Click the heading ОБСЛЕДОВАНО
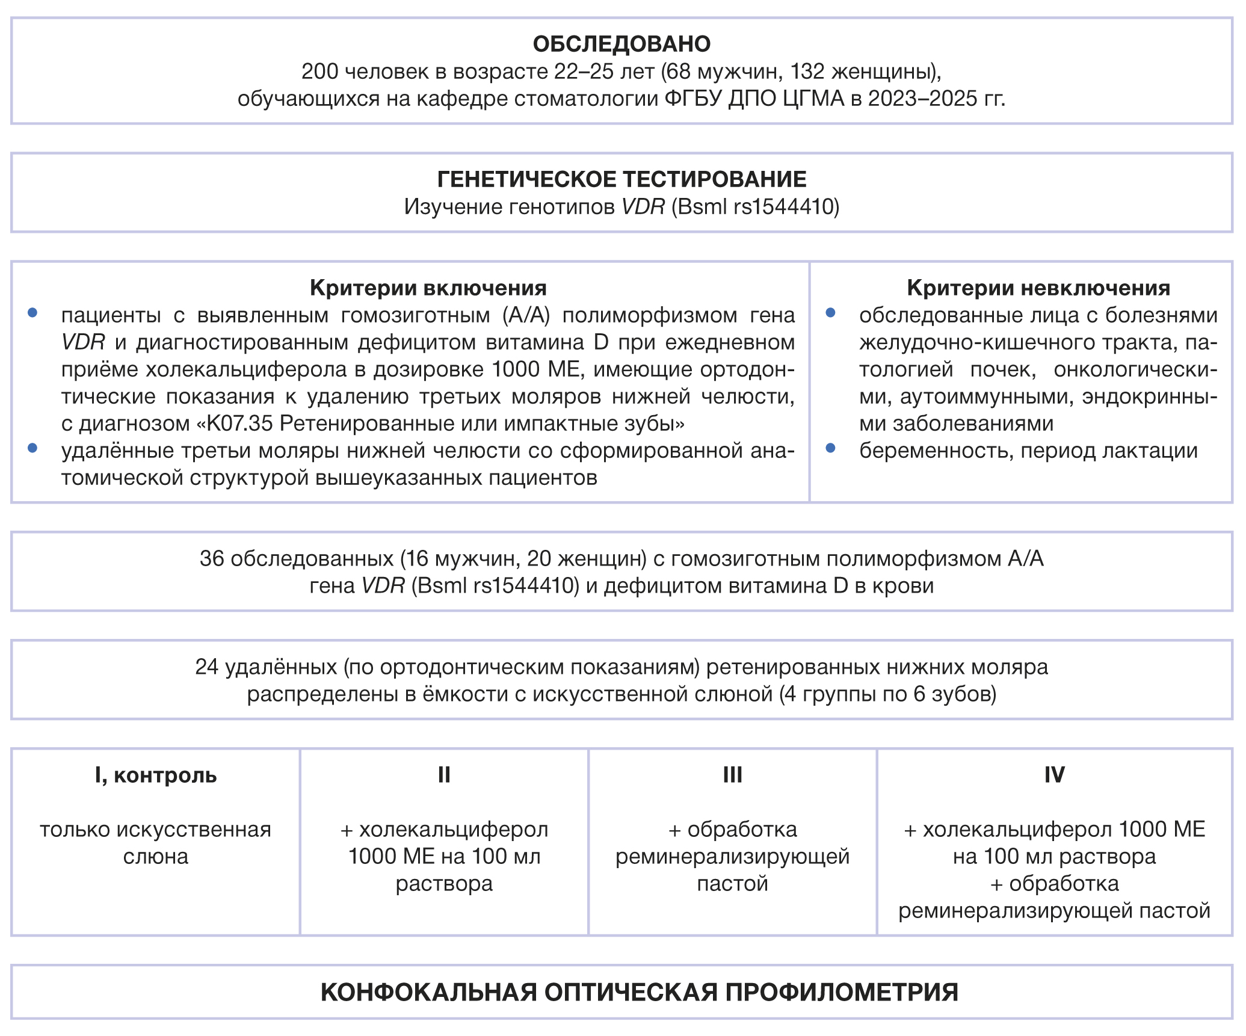[x=621, y=44]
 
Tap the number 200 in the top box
[x=319, y=72]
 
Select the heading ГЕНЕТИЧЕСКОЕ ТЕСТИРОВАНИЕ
[x=621, y=179]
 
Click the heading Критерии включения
[x=428, y=288]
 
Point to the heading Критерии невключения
[x=1038, y=288]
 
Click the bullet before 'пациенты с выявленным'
[x=33, y=313]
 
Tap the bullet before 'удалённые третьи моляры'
[x=33, y=448]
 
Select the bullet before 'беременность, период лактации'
[x=831, y=448]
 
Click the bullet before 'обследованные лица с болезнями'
[x=831, y=313]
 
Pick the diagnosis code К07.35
[x=240, y=424]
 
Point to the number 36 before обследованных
[x=212, y=559]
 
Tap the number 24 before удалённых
[x=206, y=667]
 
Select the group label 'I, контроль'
[x=156, y=775]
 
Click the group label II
[x=444, y=775]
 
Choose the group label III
[x=732, y=775]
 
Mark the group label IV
[x=1054, y=775]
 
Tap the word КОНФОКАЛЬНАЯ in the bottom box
[x=428, y=993]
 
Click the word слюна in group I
[x=156, y=857]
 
